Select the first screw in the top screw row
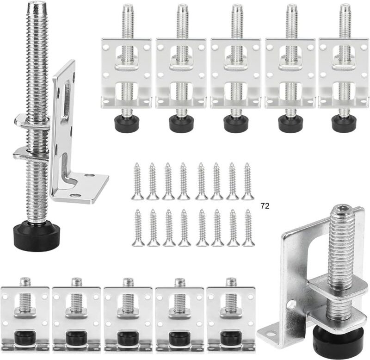pyautogui.click(x=137, y=181)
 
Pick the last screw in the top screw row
pyautogui.click(x=248, y=181)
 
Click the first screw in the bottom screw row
pyautogui.click(x=137, y=227)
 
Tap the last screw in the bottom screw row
pyautogui.click(x=248, y=227)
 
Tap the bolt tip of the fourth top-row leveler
pyautogui.click(x=290, y=8)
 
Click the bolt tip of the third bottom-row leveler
pyautogui.click(x=128, y=281)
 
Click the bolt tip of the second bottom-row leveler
pyautogui.click(x=77, y=281)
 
